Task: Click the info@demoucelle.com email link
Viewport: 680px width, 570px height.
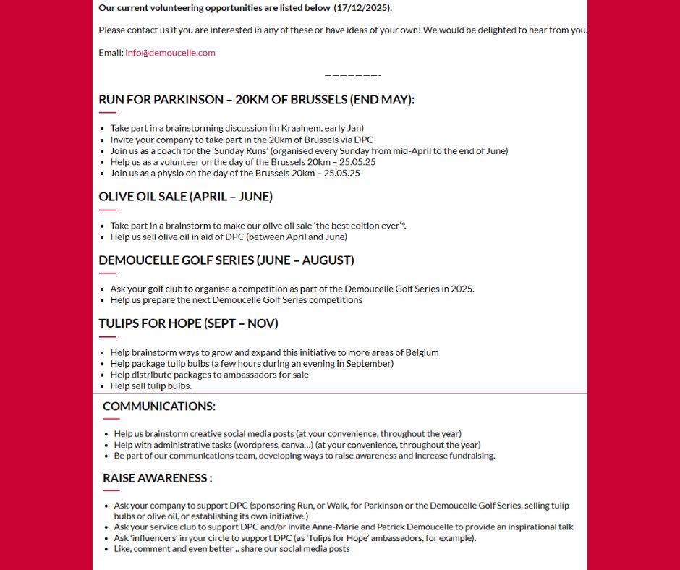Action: coord(170,53)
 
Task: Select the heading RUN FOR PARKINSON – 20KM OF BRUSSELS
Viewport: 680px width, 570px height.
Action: coord(256,100)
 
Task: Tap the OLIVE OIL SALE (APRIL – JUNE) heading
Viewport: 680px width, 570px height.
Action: coord(185,197)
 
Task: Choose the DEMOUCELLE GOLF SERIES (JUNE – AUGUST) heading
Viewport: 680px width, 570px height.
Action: coord(226,260)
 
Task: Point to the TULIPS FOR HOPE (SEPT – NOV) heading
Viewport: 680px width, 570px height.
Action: coord(188,323)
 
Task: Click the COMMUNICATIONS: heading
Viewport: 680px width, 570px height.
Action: coord(159,407)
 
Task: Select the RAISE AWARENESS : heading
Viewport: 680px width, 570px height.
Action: coord(158,478)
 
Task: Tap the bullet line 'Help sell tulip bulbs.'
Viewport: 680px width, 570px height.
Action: coord(150,386)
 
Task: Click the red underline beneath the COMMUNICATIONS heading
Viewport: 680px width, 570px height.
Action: coord(111,419)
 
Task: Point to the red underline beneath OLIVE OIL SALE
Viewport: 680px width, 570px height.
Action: coord(107,210)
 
